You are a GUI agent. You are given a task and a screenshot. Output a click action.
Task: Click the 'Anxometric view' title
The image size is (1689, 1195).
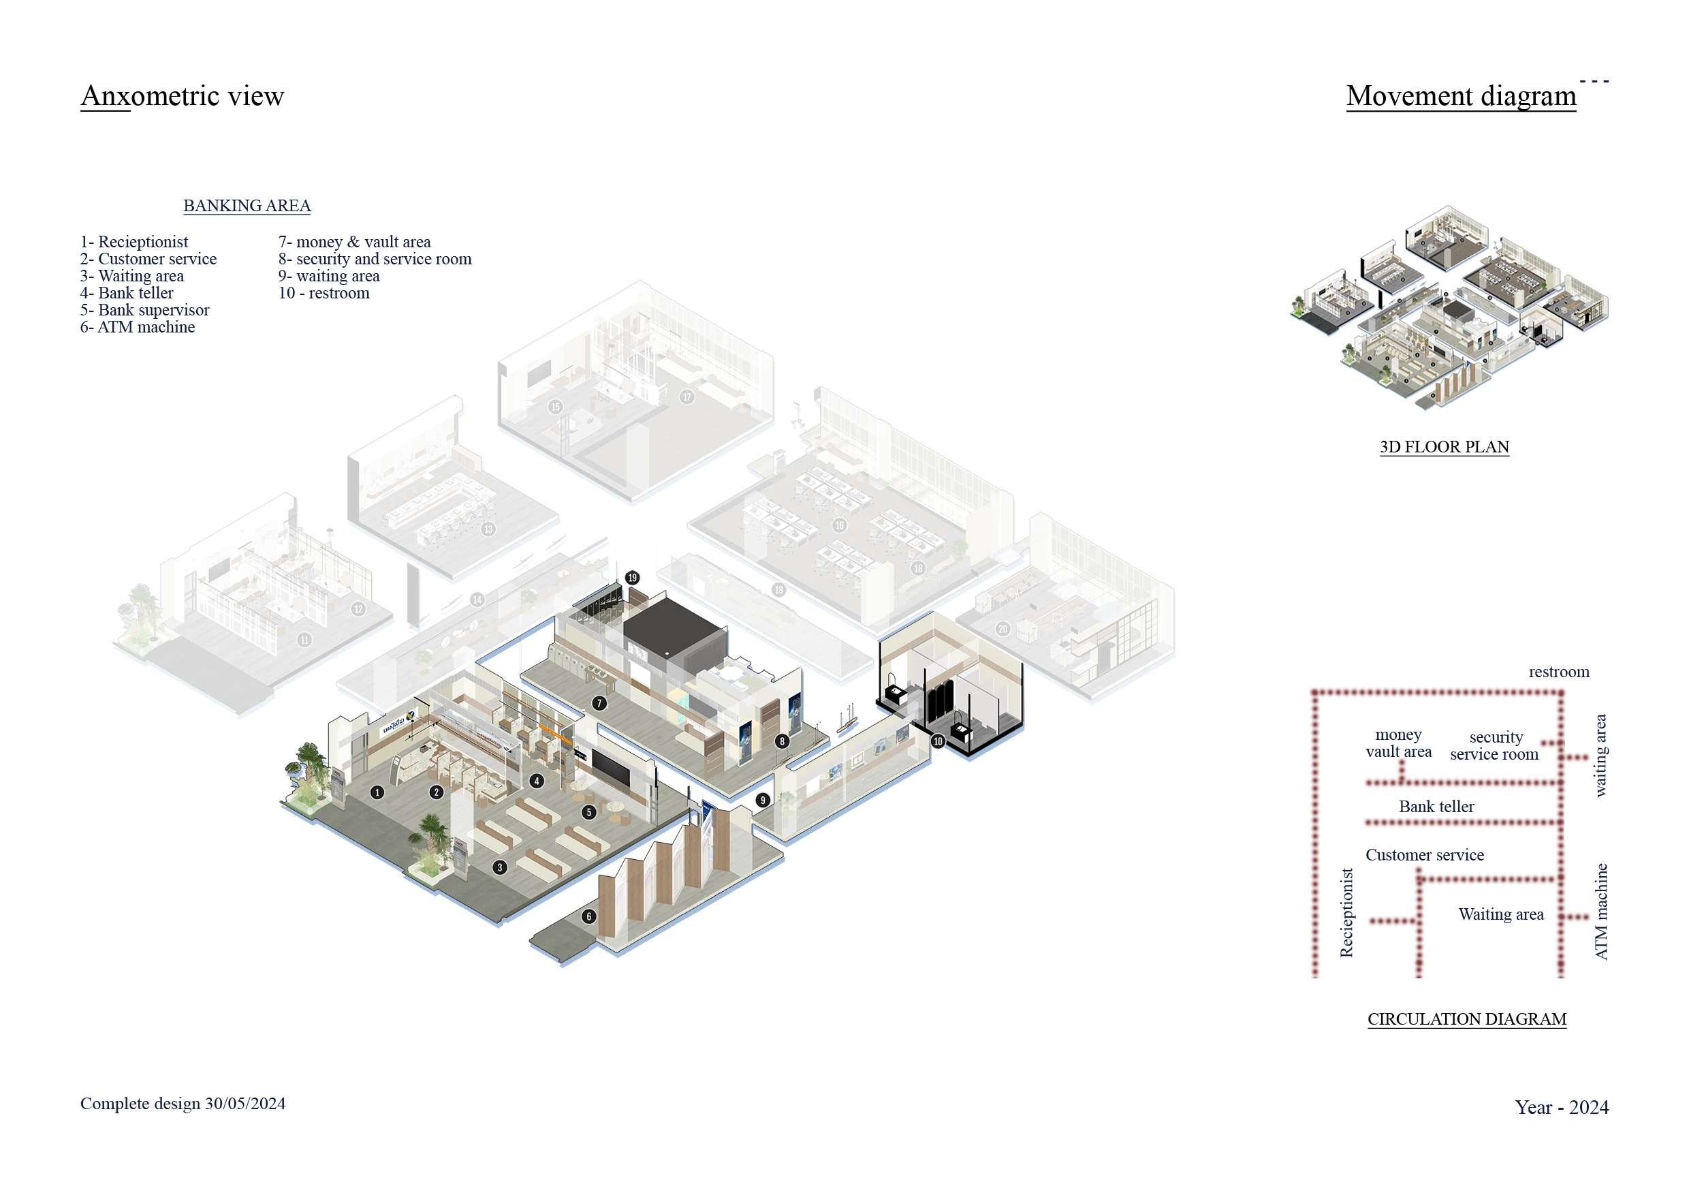coord(182,95)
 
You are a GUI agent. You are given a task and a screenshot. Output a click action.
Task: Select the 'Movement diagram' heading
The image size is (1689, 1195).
coord(1460,95)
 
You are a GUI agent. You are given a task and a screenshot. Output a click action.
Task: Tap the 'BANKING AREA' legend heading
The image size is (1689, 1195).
coord(247,205)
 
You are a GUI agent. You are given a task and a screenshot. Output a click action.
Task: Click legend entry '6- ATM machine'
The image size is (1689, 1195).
coord(138,327)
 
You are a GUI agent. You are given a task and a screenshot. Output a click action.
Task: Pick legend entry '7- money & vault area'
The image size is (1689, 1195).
coord(354,241)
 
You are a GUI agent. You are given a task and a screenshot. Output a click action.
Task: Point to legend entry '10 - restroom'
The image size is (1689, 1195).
coord(323,293)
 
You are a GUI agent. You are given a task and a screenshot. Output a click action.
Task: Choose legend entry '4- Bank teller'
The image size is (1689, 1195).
coord(127,293)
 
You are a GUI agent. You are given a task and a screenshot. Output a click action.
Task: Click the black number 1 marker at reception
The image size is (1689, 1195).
coord(377,792)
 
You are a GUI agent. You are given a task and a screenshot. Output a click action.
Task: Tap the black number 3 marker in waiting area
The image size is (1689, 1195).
coord(499,867)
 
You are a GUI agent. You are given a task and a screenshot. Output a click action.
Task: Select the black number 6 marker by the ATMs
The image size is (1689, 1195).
coord(588,916)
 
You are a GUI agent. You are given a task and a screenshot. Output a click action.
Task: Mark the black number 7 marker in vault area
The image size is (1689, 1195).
coord(599,704)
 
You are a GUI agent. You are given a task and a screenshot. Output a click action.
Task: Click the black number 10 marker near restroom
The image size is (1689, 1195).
coord(938,741)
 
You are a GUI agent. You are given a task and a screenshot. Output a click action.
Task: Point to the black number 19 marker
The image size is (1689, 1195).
coord(633,578)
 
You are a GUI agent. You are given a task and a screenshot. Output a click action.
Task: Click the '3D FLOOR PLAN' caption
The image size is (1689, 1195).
coord(1444,447)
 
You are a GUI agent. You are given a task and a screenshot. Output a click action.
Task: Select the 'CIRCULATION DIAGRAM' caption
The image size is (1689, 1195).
coord(1467,1019)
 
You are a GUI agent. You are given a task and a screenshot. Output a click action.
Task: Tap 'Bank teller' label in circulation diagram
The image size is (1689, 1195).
coord(1436,807)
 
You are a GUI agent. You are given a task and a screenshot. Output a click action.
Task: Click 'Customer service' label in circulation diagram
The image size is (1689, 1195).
coord(1424,855)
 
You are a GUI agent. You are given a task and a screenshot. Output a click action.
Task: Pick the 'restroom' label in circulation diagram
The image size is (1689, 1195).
coord(1559,672)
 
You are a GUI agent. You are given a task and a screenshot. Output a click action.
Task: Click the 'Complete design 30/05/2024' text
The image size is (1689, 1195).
coord(183,1104)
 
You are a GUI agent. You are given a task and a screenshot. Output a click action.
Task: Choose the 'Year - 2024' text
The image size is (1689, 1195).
coord(1562,1107)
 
